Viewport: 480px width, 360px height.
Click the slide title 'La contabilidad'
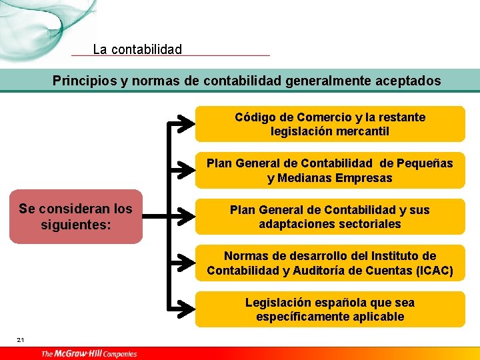137,49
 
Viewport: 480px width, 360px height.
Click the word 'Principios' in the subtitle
85,81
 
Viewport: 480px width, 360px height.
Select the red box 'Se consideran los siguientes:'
75,217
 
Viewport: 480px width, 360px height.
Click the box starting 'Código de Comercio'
330,124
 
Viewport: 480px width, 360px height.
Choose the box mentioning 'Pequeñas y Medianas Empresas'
330,171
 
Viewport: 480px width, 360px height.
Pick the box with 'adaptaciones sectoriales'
330,217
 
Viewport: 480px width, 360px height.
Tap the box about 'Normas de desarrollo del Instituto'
330,263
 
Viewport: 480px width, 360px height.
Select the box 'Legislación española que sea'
330,309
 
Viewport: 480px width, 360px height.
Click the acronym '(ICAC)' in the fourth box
433,271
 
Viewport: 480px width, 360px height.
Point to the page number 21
21,341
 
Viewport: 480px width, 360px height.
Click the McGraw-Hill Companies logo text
89,353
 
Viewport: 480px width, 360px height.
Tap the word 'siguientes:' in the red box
75,225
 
